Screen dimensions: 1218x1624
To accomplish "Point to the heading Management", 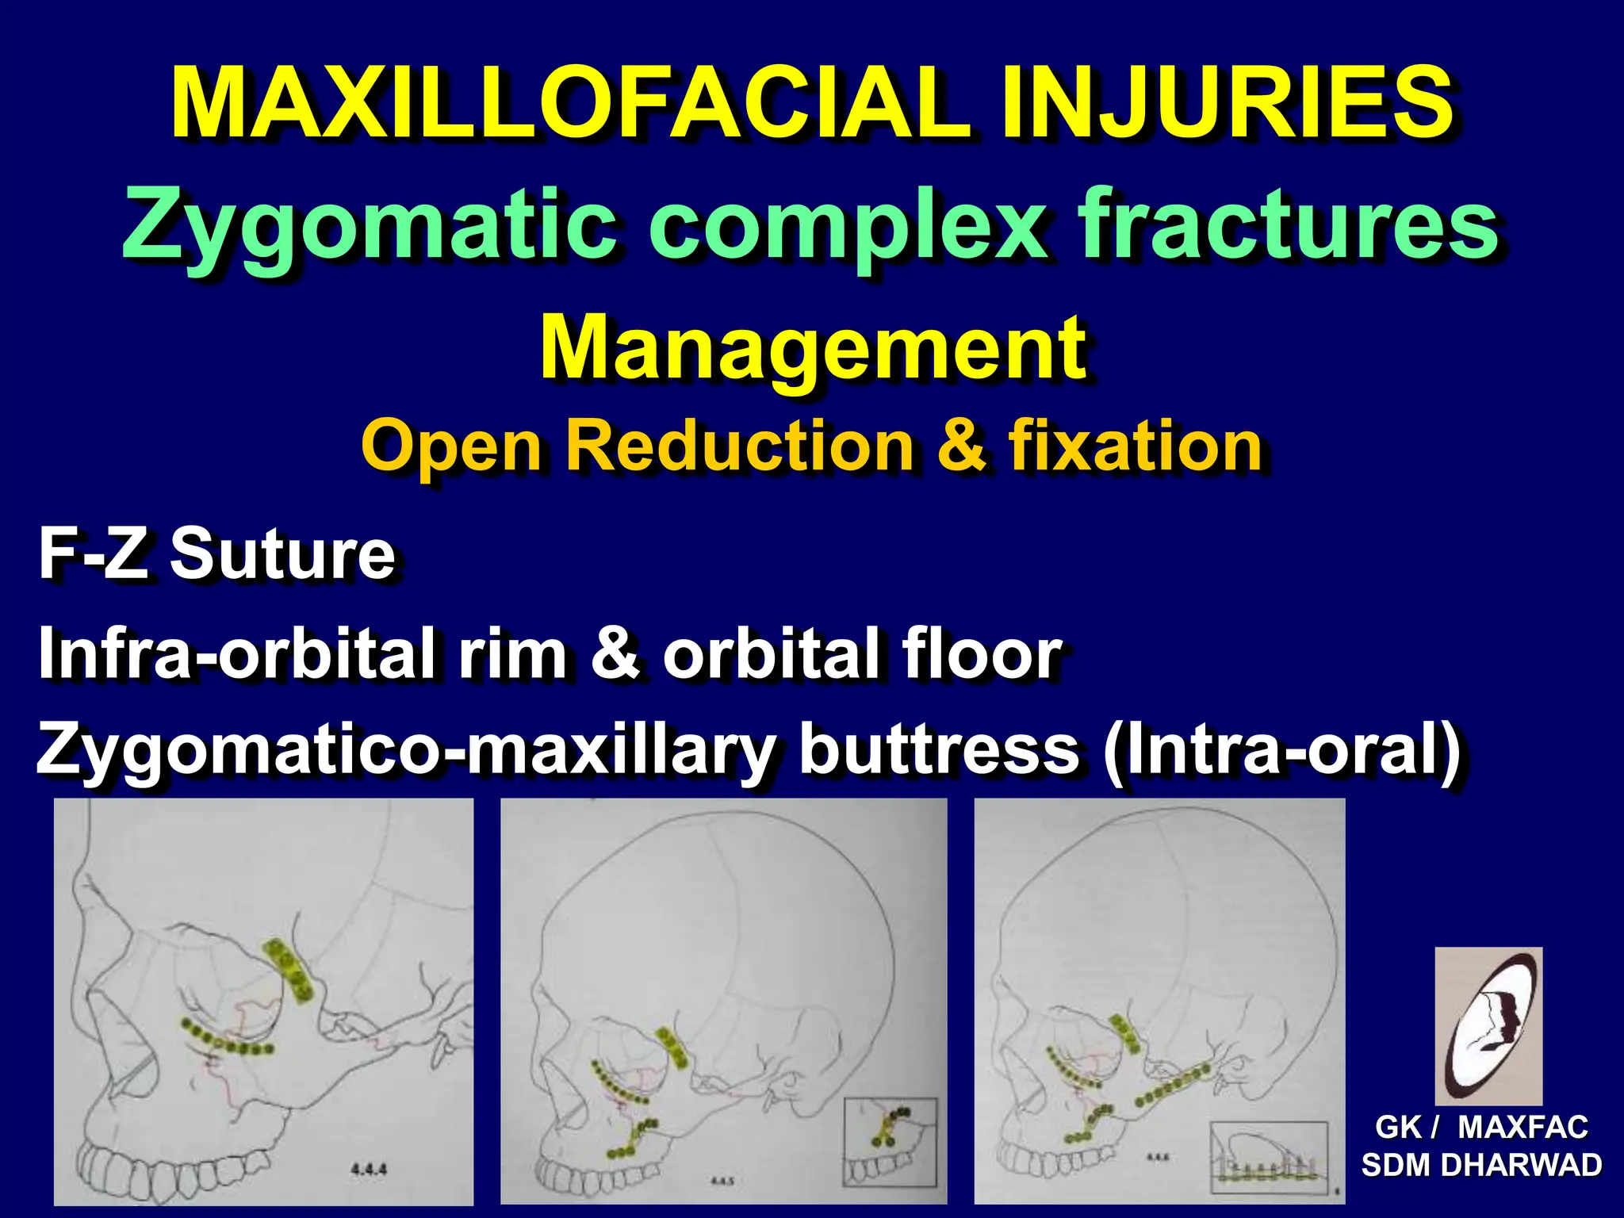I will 812,349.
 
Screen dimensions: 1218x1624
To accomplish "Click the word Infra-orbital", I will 236,653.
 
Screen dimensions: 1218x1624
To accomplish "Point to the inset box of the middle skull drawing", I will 890,1141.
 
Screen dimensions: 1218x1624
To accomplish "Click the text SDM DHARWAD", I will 1481,1166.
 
